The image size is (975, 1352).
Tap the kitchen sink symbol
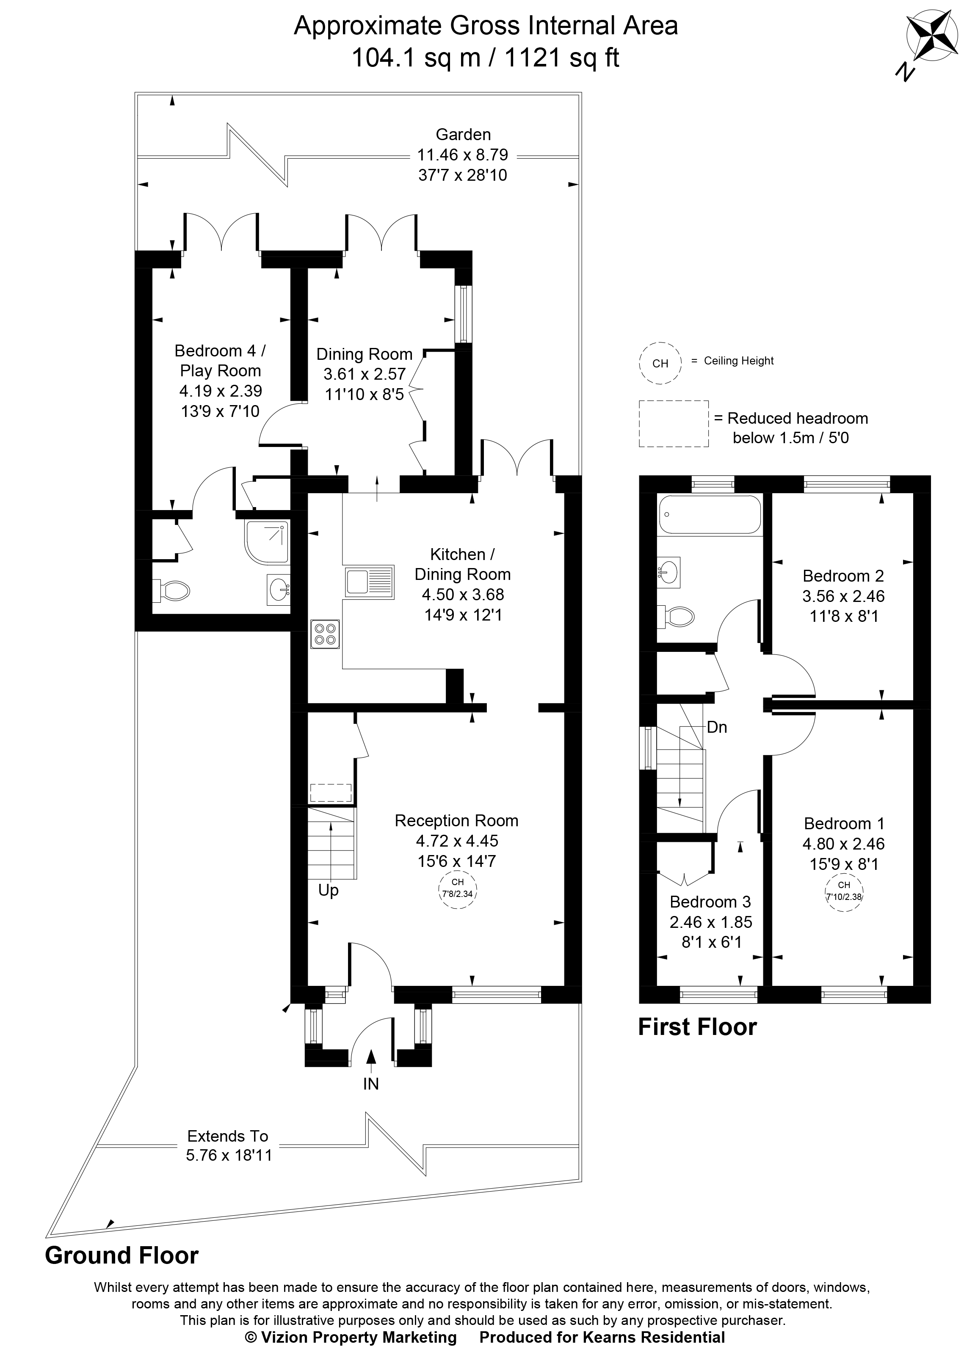pos(368,581)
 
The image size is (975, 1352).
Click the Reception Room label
pos(456,821)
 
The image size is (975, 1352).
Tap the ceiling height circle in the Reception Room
pos(457,888)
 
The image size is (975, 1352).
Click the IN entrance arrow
pos(371,1064)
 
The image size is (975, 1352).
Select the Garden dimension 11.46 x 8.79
pos(462,155)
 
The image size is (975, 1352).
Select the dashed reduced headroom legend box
pos(673,423)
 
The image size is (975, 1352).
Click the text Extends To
pos(228,1136)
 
